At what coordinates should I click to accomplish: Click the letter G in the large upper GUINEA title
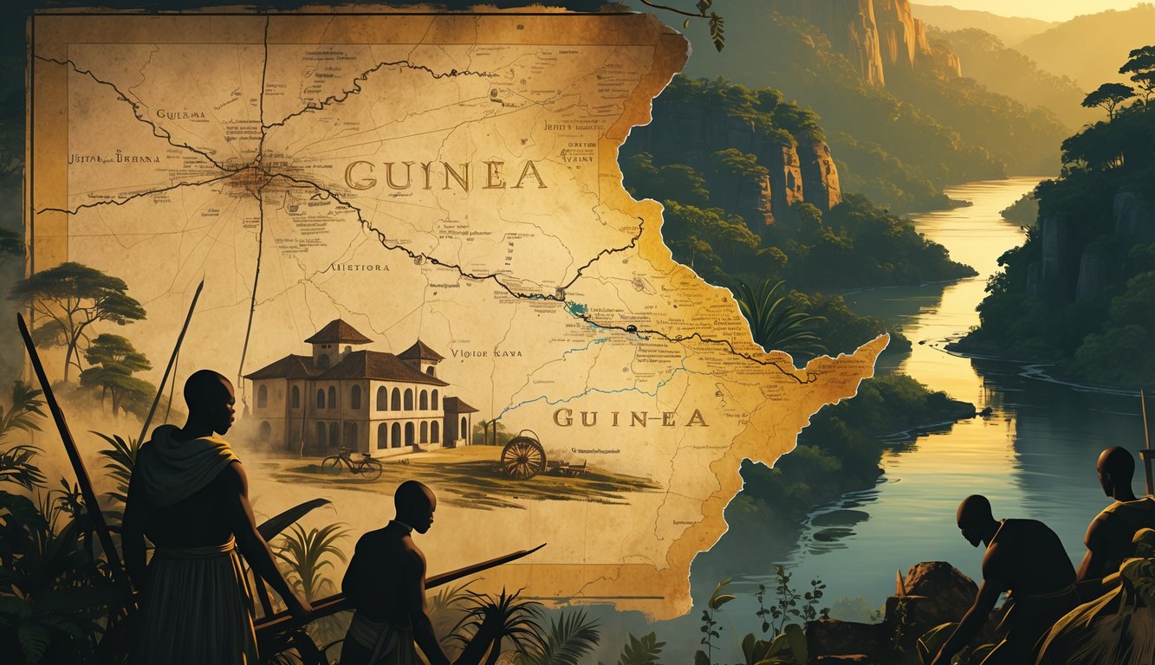click(359, 176)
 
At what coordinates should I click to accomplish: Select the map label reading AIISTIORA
click(360, 268)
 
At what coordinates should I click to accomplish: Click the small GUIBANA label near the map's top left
click(180, 113)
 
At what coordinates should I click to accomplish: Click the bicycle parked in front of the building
click(352, 464)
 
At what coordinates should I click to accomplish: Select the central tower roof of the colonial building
click(339, 332)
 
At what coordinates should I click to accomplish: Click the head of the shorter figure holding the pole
click(414, 507)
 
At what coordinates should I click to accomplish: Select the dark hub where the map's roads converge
click(251, 177)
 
